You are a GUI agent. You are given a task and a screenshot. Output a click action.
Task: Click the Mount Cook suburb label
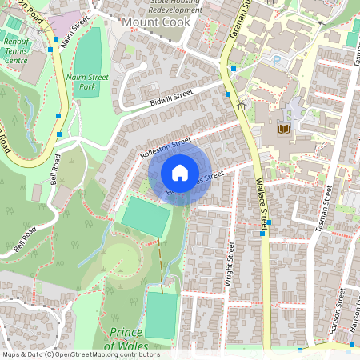pos(156,22)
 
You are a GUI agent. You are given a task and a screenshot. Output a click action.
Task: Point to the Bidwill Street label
pos(171,98)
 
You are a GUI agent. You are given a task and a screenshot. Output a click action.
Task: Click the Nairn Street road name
pos(70,36)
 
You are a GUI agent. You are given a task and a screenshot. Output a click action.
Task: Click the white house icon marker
pos(180,173)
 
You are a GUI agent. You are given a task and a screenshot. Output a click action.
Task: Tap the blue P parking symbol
pos(277,60)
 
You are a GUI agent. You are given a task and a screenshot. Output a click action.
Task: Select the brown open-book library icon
pos(282,128)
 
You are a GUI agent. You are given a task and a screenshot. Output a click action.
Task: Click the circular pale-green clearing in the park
pos(120,260)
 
